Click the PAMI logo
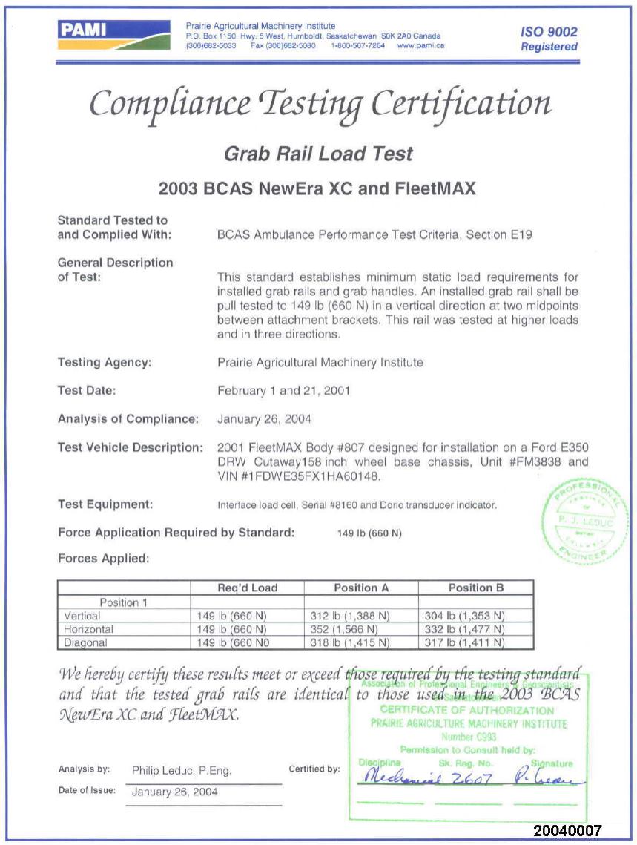(x=113, y=36)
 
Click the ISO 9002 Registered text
(x=548, y=39)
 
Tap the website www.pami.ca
(x=420, y=45)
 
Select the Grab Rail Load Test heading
(x=318, y=154)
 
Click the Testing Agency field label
(x=105, y=363)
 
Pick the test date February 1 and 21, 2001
(x=283, y=390)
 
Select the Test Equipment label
(x=105, y=504)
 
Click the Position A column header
(x=361, y=588)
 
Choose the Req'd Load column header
(x=247, y=588)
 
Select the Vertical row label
(x=82, y=616)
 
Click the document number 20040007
(x=567, y=830)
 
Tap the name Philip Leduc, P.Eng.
(x=182, y=771)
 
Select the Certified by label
(x=314, y=769)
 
